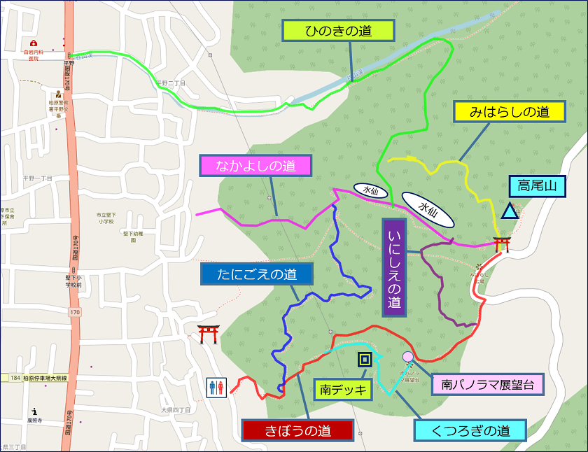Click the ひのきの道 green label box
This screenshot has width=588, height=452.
pos(339,30)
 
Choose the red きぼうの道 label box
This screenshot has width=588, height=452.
pos(297,430)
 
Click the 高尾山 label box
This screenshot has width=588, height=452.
pos(542,186)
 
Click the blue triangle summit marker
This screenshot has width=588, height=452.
pos(510,210)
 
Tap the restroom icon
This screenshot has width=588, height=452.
pos(216,388)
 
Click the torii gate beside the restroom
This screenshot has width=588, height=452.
pos(208,334)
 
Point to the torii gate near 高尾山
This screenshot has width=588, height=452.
pos(501,244)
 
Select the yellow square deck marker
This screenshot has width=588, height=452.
pos(365,360)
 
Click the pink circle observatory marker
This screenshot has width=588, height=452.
pos(408,357)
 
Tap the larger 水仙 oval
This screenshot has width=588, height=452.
pos(427,209)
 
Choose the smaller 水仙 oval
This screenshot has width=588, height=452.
pos(370,190)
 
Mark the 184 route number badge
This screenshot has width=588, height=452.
pos(15,378)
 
